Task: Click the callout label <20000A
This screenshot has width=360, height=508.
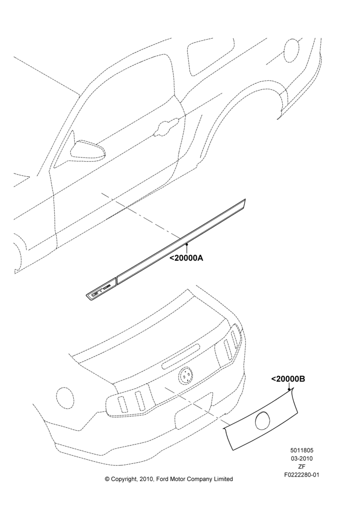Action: [x=187, y=258]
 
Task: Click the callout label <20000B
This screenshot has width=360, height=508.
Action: [x=288, y=379]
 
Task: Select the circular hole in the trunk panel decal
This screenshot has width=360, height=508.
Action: [x=263, y=420]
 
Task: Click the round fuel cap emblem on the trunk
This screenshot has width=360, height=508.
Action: [x=185, y=376]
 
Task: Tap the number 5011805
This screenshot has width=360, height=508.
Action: [x=302, y=450]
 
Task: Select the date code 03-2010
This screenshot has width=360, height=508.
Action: [x=302, y=458]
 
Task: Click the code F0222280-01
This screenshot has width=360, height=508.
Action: [x=302, y=475]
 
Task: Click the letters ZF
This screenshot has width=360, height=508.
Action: [x=302, y=467]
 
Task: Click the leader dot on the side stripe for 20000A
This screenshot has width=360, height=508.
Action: [x=187, y=244]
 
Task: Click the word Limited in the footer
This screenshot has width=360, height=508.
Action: [x=223, y=479]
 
